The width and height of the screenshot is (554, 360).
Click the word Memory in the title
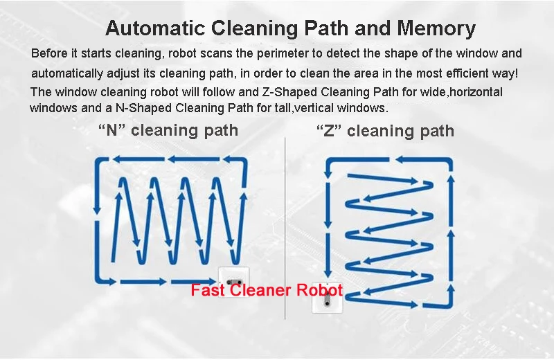[x=436, y=29]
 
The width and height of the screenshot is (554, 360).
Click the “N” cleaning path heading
[x=168, y=129]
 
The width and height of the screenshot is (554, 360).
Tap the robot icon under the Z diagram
[x=326, y=299]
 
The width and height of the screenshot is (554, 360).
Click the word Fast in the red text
[x=207, y=290]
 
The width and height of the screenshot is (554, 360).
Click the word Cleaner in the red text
[x=260, y=290]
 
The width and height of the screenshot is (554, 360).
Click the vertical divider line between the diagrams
[x=285, y=228]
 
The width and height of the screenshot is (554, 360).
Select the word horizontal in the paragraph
[x=468, y=92]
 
